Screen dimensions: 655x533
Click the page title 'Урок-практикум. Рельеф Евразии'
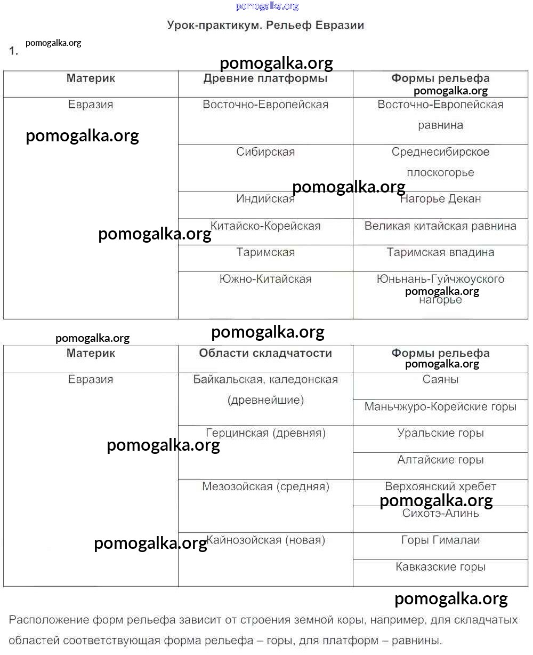(265, 25)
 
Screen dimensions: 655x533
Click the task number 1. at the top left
(13, 51)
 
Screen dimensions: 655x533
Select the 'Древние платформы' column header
(265, 78)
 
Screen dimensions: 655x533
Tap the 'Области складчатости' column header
(265, 353)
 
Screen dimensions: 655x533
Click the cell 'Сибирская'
(265, 152)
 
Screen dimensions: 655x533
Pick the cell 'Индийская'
(265, 199)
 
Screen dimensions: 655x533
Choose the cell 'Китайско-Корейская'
(265, 226)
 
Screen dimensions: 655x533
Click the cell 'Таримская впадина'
(440, 252)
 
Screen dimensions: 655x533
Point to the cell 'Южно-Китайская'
(265, 279)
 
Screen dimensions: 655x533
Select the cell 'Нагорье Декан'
(440, 199)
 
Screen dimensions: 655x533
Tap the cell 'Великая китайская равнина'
(440, 226)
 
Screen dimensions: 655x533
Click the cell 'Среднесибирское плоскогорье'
(440, 162)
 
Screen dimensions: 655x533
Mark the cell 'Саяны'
(440, 380)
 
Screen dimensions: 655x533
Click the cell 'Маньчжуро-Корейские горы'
(440, 407)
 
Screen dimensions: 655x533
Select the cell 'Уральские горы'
(440, 433)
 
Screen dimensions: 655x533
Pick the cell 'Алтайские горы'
(440, 460)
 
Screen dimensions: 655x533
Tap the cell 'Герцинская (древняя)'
(265, 433)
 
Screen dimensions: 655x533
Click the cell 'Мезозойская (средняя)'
(265, 486)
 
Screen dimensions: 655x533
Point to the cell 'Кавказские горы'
(440, 567)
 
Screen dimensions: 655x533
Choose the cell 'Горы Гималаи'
(440, 540)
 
